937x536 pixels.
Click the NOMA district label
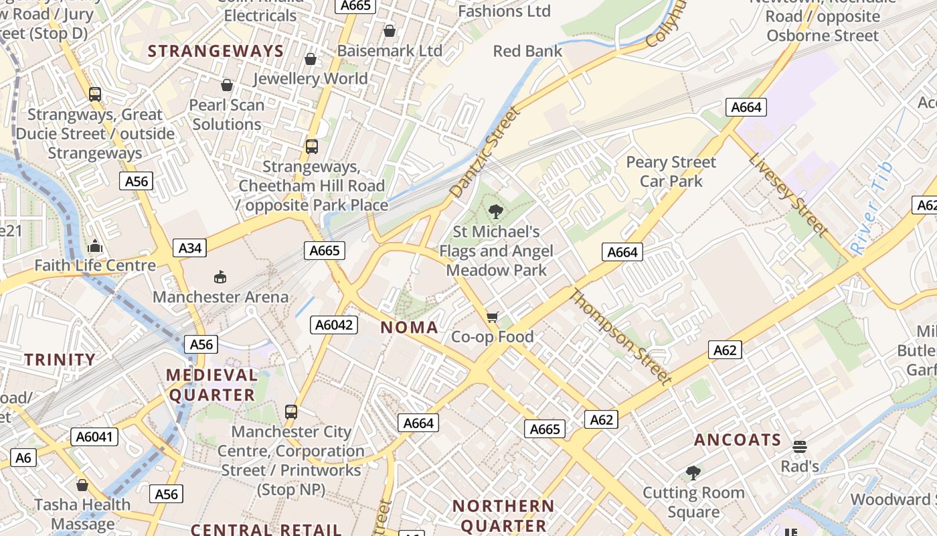pos(409,328)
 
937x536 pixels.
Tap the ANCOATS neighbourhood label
pos(738,440)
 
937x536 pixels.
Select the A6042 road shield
pos(335,325)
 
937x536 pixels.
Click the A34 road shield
pos(189,248)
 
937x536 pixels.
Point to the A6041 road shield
pos(95,437)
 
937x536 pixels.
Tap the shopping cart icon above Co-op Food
pos(493,317)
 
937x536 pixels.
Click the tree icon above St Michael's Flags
pos(495,212)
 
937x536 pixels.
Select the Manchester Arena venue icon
pos(220,277)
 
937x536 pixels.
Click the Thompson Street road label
pos(620,336)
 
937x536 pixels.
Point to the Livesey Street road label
pos(788,194)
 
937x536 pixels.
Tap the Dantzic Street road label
pos(485,152)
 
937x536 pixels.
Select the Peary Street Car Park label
pos(671,172)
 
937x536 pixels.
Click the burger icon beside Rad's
pos(799,446)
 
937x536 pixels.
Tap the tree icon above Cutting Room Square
pos(693,473)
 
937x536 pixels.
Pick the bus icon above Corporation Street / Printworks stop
pos(290,411)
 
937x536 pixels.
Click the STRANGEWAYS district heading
pos(216,51)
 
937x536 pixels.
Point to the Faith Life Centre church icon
pos(95,246)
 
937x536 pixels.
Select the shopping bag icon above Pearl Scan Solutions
pos(227,85)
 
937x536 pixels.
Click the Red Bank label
pos(527,51)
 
